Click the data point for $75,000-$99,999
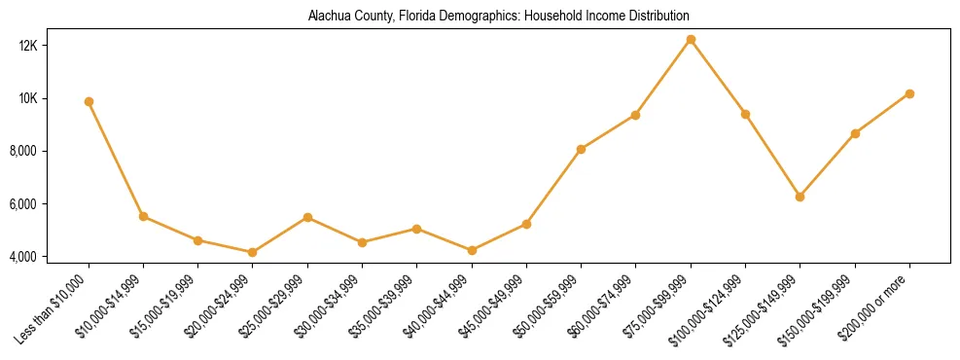[691, 39]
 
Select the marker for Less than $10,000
[89, 101]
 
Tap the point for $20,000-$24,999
[253, 252]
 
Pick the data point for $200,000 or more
[909, 93]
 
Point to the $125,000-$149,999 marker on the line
[800, 197]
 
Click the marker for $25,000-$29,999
[307, 217]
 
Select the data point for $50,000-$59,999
[581, 149]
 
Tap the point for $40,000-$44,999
[472, 250]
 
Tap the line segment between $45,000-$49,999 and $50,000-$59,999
[553, 187]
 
